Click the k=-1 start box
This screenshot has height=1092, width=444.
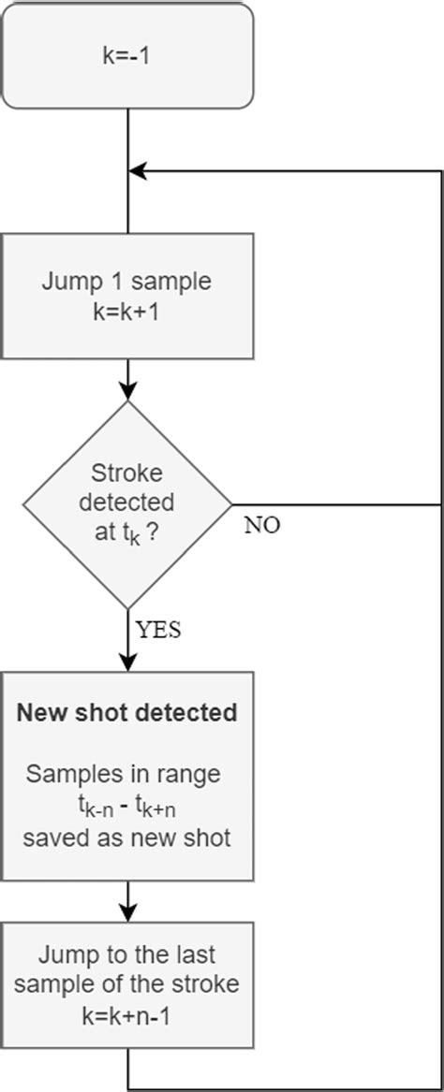point(127,54)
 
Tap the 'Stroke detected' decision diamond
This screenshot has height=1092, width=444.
point(127,505)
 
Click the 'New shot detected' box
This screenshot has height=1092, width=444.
point(127,776)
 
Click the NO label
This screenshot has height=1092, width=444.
point(262,524)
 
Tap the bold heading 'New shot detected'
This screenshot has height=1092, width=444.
point(127,713)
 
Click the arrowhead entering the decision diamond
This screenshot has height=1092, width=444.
point(127,393)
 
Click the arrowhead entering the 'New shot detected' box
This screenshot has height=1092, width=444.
point(127,662)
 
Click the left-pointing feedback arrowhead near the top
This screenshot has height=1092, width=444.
point(138,171)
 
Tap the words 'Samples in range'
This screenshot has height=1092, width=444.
point(127,775)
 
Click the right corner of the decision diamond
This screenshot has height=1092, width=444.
point(229,505)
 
